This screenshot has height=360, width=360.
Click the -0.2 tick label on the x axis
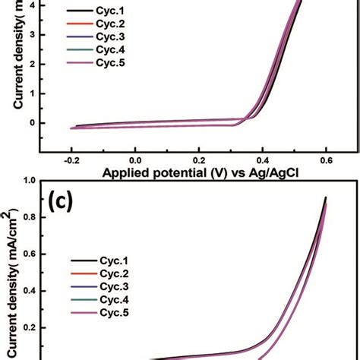pos(70,161)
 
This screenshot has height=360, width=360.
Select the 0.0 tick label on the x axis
pos(134,161)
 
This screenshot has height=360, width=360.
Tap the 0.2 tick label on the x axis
pos(198,161)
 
